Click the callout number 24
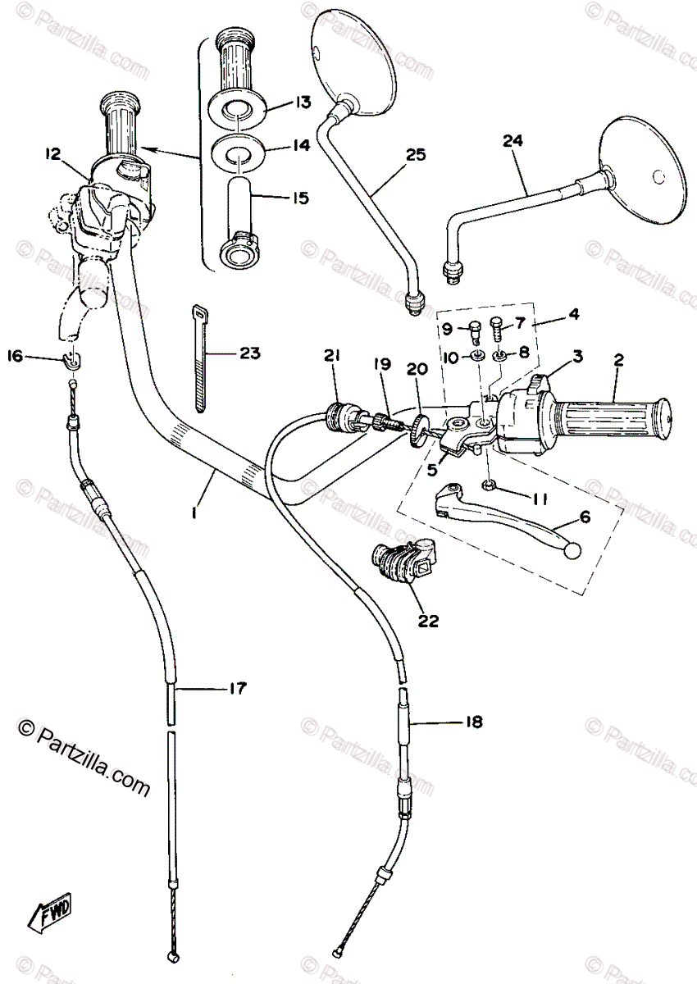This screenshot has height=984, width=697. [512, 140]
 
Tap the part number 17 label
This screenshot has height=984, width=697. [236, 689]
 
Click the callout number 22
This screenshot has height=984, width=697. [427, 621]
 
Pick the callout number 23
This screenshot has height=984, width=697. [249, 353]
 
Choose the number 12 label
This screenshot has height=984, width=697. [53, 153]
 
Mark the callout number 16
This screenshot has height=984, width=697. [14, 355]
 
